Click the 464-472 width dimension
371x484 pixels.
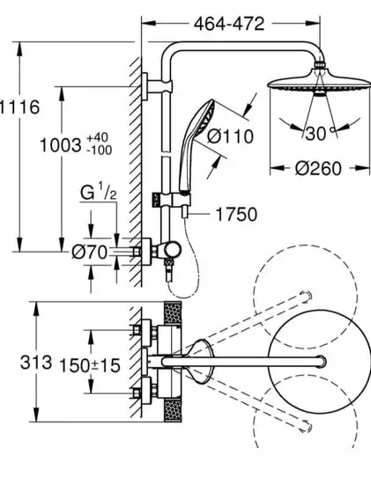point(229,24)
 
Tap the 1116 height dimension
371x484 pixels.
point(19,107)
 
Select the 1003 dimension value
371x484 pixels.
point(61,145)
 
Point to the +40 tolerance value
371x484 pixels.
point(98,137)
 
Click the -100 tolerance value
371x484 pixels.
point(100,150)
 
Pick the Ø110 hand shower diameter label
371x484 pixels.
point(230,136)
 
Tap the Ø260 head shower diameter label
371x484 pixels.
point(318,169)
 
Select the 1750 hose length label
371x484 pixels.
point(236,214)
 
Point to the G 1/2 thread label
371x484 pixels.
point(99,192)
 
